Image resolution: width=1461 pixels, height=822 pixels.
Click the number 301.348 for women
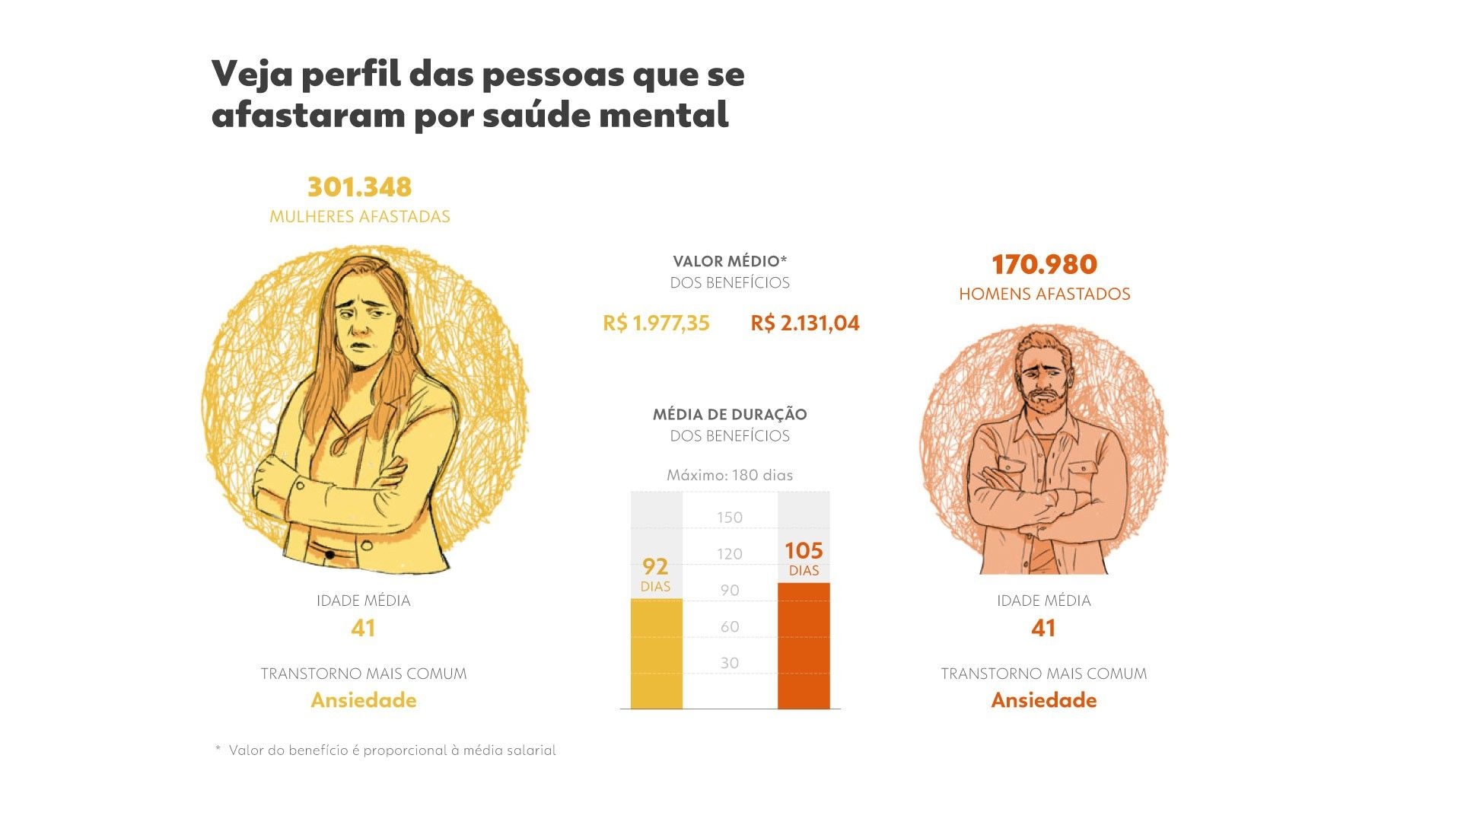pos(359,187)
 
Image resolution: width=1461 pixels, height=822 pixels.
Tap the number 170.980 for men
pos(1044,265)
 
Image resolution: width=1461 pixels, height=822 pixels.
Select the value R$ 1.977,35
pos(656,323)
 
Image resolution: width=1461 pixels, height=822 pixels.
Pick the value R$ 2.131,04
pos(805,323)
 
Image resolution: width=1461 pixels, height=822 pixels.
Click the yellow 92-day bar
pos(656,655)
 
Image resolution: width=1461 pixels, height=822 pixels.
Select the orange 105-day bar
pos(804,647)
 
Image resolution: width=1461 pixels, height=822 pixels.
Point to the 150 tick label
pos(729,518)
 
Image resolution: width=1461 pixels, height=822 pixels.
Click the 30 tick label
pos(729,663)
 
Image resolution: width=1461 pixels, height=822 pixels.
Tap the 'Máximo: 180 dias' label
pos(729,475)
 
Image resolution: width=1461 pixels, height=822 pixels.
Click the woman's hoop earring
pos(399,343)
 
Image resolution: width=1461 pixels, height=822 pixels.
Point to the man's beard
pos(1046,401)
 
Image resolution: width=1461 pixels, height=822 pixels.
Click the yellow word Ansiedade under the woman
pos(363,700)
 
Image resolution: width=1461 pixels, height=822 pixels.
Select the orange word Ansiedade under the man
pos(1043,700)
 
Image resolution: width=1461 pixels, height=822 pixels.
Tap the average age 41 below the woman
pos(363,628)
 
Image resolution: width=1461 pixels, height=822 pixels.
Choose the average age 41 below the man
pos(1043,628)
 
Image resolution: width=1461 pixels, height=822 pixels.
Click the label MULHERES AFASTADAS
pos(359,217)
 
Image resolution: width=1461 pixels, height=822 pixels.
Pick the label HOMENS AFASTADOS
pos(1044,295)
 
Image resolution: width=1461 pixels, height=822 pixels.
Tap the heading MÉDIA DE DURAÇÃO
pos(729,415)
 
